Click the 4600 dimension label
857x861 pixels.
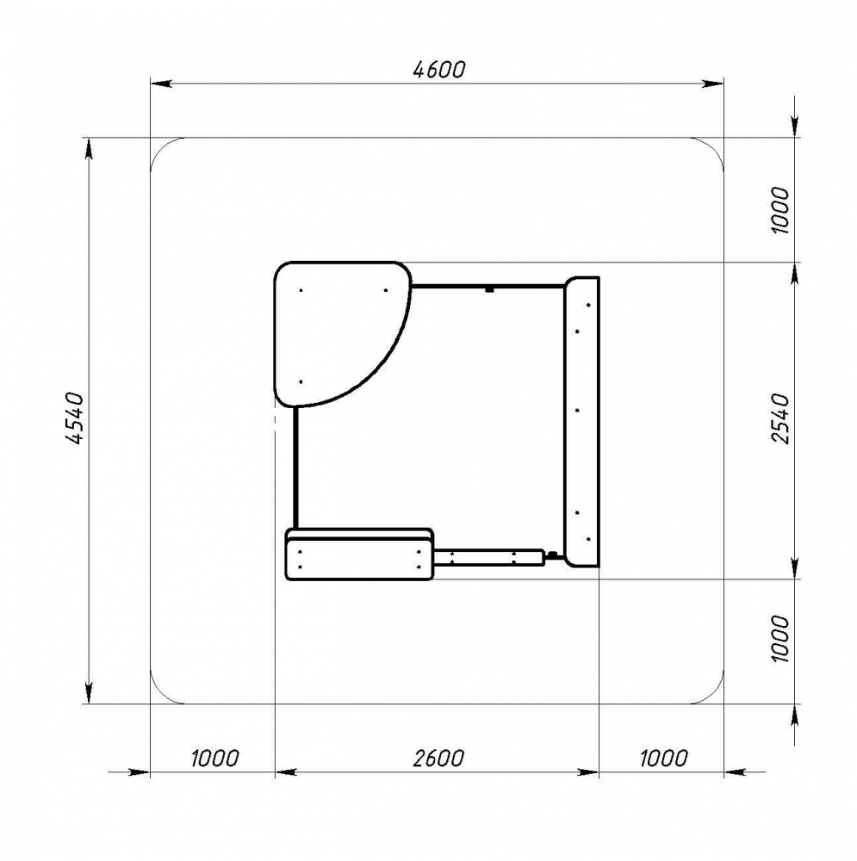(439, 69)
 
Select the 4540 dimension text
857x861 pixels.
(74, 418)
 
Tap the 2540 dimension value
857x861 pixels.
(779, 418)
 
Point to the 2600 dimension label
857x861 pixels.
(438, 759)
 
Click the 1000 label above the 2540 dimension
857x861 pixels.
(779, 210)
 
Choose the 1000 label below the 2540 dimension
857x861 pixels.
(779, 639)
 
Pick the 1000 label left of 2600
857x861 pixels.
(214, 759)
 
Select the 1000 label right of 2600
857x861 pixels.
(663, 759)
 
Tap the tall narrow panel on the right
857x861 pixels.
(582, 422)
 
